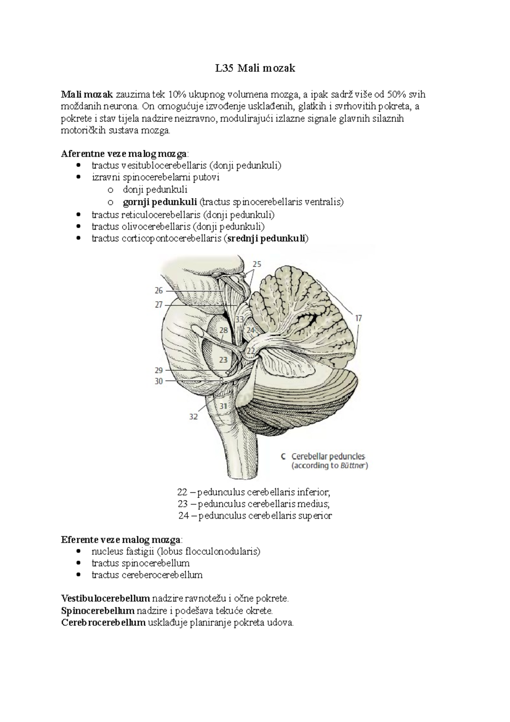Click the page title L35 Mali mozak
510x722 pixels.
click(x=255, y=68)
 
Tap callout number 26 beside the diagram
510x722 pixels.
click(x=159, y=291)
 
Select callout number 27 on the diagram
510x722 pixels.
click(x=159, y=304)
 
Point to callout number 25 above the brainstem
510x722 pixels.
click(x=257, y=264)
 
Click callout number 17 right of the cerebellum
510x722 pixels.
click(x=359, y=318)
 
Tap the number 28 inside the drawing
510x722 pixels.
click(x=224, y=330)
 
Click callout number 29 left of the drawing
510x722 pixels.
click(x=159, y=370)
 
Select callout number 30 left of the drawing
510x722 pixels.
click(x=159, y=381)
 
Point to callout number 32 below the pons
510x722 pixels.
click(x=193, y=417)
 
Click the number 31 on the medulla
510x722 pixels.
click(x=224, y=406)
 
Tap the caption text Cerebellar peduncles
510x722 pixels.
click(x=328, y=456)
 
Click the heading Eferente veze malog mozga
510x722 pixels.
click(x=120, y=540)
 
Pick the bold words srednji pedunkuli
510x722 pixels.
click(x=266, y=238)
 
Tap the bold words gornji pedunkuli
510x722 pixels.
click(x=160, y=202)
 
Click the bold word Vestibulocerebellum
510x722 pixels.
click(x=105, y=599)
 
